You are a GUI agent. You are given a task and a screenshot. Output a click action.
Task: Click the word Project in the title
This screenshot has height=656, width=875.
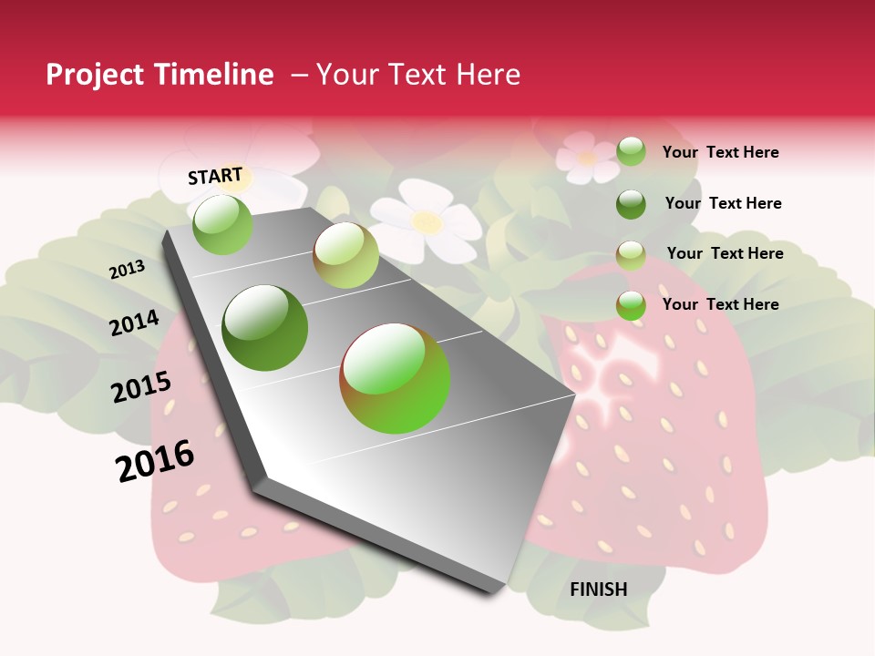point(94,75)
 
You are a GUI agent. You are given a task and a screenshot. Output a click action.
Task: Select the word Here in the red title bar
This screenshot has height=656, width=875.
point(488,75)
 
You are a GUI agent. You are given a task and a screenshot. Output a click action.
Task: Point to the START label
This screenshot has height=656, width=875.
point(215,176)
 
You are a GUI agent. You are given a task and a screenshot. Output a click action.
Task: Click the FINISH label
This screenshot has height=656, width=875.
point(599,589)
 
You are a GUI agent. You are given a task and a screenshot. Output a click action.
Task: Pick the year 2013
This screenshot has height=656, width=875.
point(127,270)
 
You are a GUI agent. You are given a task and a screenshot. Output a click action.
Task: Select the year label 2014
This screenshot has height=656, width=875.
point(134,323)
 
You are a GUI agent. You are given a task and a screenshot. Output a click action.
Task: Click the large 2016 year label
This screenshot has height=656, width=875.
point(155,460)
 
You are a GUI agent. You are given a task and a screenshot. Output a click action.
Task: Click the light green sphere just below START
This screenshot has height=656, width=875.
point(222,224)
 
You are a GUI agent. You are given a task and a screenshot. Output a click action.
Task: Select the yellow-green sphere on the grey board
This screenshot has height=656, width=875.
point(345,255)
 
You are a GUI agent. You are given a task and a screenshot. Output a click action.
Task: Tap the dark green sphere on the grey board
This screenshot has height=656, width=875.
point(265,328)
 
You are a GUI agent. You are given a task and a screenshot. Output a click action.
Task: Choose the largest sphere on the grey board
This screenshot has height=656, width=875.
point(395,378)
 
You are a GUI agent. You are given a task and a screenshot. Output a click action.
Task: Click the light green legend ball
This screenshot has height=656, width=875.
point(631,151)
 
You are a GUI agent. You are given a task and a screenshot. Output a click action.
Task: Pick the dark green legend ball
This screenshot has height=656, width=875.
point(631,204)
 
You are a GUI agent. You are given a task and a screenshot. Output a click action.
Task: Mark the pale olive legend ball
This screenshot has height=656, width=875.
point(631,255)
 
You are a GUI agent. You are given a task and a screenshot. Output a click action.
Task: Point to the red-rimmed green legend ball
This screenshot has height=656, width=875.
point(631,305)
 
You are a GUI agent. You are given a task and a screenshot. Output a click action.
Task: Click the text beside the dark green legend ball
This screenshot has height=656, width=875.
point(723,203)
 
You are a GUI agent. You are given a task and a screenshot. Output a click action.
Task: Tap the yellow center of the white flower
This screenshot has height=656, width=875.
point(426,220)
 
